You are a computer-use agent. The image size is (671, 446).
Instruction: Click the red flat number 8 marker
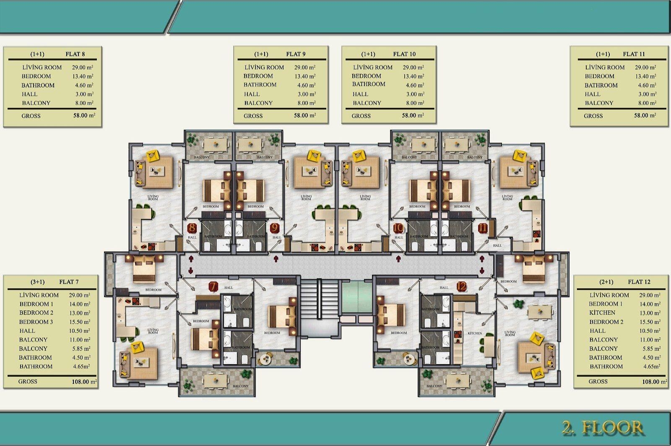coord(192,229)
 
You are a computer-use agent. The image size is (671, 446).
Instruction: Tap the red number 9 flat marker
coord(274,229)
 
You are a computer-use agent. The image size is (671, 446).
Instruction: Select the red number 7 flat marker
coord(213,287)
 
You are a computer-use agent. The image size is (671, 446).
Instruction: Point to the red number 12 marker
coord(461,287)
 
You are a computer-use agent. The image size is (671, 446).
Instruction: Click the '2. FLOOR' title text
coord(603,428)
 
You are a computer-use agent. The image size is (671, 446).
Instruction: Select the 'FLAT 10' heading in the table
coord(404,54)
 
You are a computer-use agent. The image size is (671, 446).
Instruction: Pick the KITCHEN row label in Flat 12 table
coord(602,313)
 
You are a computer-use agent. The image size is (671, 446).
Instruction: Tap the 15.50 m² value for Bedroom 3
coord(80,322)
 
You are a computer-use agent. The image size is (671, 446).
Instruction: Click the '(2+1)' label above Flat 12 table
coord(606,282)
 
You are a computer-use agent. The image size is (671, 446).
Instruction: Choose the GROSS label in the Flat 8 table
coord(31,116)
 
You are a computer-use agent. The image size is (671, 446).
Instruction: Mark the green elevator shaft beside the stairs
coord(356,297)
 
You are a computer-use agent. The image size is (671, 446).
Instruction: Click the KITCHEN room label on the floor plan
coord(475,333)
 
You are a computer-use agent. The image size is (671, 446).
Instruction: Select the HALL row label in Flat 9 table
coord(252,94)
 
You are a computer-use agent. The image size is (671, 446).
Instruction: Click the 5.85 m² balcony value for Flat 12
coord(650,349)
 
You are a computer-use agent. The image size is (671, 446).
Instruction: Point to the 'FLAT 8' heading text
coord(75,54)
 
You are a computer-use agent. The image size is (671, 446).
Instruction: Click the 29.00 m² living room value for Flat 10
coord(414,67)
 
